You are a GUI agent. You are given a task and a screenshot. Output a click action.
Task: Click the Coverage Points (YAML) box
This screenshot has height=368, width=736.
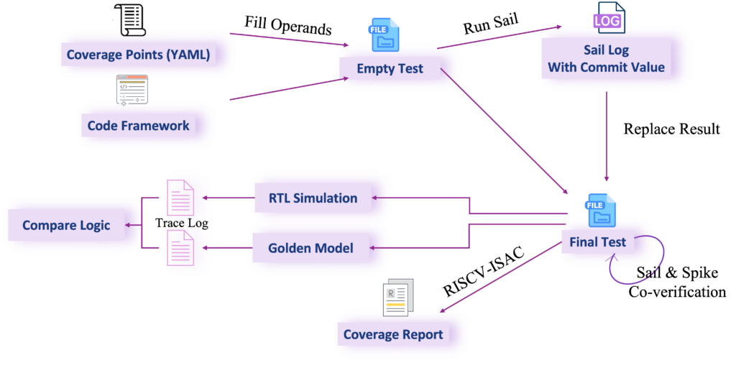(x=138, y=55)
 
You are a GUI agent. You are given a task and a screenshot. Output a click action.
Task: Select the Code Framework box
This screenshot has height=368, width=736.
(x=139, y=126)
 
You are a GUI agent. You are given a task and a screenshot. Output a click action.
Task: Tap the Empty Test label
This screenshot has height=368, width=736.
(x=390, y=70)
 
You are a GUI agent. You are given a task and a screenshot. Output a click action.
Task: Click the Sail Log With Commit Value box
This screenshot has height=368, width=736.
(x=606, y=59)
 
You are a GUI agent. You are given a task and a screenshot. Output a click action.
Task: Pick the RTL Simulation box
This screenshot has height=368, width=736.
(x=313, y=198)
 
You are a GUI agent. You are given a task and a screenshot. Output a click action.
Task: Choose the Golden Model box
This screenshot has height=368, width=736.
(x=310, y=248)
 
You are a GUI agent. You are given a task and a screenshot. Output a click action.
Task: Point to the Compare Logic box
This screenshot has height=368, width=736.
(x=66, y=225)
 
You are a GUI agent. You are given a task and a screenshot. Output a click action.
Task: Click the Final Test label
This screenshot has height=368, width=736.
(x=597, y=242)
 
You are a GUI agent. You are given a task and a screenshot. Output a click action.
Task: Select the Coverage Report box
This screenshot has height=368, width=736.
(x=393, y=334)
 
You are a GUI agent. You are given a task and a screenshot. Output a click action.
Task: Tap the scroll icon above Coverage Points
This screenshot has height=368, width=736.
(x=129, y=19)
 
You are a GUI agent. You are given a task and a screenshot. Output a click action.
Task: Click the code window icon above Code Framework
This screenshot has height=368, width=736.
(x=132, y=90)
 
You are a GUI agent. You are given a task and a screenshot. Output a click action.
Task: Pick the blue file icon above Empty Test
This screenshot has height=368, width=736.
(x=384, y=34)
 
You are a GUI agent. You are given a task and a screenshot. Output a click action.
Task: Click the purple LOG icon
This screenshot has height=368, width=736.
(x=608, y=18)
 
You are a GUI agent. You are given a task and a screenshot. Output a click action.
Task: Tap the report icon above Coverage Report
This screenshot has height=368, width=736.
(x=398, y=297)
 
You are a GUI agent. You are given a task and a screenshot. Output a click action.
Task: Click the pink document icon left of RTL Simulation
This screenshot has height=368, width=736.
(x=180, y=198)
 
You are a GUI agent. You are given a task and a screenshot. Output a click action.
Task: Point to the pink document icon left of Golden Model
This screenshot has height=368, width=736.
(x=180, y=249)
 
